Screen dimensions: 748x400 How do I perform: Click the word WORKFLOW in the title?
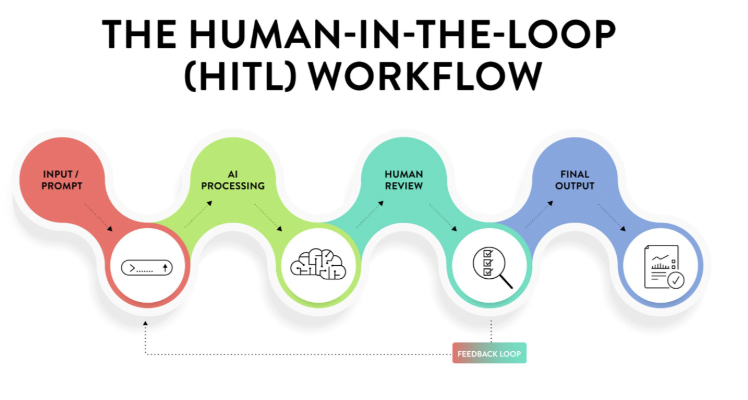[425, 76]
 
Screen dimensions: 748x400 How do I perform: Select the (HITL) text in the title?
[240, 76]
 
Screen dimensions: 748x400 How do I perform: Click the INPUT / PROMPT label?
[61, 180]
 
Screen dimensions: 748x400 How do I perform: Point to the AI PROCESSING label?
[233, 180]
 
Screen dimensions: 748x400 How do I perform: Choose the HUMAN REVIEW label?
[404, 180]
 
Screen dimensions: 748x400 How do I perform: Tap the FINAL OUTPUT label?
[575, 180]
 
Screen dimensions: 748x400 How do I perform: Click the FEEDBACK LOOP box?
[489, 353]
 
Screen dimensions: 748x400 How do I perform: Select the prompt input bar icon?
[147, 268]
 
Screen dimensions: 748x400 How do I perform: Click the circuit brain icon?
[318, 264]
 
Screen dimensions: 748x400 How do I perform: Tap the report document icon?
[664, 267]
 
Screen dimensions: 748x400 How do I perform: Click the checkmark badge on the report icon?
[676, 280]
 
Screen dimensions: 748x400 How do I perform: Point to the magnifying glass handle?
[506, 282]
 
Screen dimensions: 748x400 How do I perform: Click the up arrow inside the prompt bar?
[165, 268]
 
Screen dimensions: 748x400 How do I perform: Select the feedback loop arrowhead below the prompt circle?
[145, 323]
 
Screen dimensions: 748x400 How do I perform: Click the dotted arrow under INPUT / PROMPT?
[99, 217]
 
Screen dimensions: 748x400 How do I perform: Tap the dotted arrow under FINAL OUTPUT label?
[611, 217]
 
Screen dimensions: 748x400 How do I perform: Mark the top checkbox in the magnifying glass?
[488, 254]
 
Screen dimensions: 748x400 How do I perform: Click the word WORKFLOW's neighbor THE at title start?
[139, 34]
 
